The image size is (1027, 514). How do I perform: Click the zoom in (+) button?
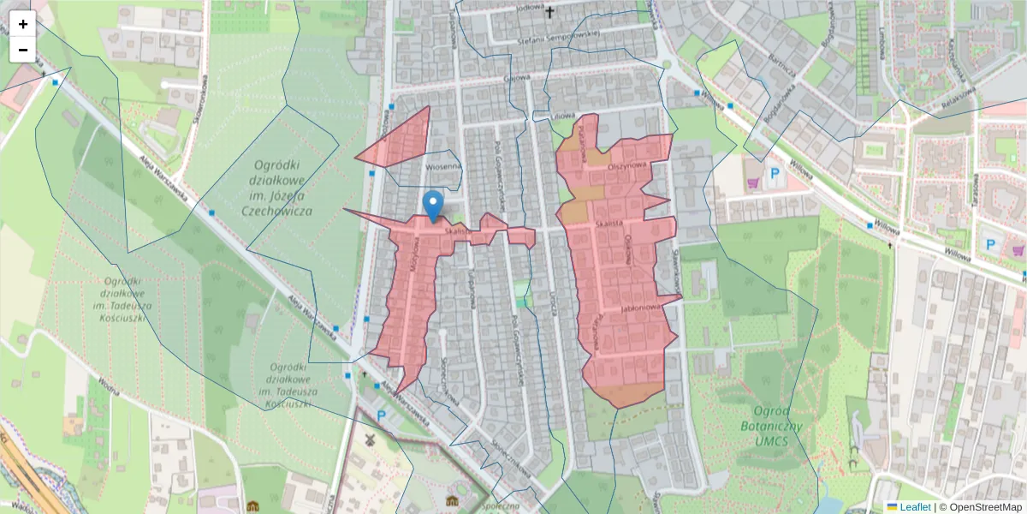coord(23,24)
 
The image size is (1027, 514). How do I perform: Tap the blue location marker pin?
coord(434,203)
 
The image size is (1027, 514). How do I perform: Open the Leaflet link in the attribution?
coord(914,507)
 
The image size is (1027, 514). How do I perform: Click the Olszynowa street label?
coord(625,168)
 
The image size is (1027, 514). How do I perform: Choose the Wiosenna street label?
coord(443,166)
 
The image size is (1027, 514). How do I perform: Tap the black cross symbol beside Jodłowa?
coord(549,12)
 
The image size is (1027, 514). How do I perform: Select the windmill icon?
coord(370,439)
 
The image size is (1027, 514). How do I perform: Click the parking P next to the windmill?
coord(382,415)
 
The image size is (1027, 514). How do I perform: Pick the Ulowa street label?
coord(561,115)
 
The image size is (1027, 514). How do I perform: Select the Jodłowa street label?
coord(530,8)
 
